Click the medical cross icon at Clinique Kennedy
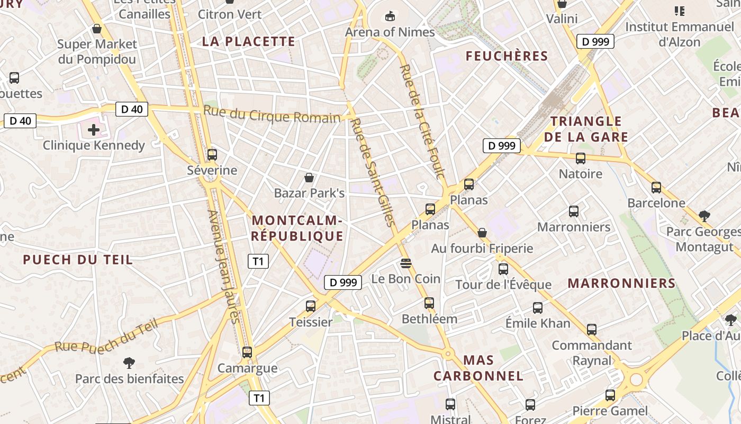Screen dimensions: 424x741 [x=94, y=129]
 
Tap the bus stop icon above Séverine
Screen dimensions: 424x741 [x=212, y=155]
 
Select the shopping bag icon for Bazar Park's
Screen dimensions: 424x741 [x=309, y=178]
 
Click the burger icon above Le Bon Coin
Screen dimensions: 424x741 [x=406, y=263]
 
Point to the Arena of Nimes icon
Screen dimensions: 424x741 [x=390, y=16]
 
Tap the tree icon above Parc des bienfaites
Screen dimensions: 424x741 [x=129, y=363]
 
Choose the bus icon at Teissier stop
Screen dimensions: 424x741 [x=311, y=306]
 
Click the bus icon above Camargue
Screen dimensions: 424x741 [x=247, y=352]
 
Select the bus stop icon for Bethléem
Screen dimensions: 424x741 [x=429, y=303]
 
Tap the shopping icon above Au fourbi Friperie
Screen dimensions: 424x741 [x=482, y=233]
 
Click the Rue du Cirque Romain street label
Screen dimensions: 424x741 [x=272, y=114]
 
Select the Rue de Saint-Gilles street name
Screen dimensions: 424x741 [x=373, y=172]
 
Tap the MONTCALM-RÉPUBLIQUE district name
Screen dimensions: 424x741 [x=297, y=228]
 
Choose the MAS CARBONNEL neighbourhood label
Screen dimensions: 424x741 [x=478, y=368]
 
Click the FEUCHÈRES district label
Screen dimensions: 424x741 [x=507, y=56]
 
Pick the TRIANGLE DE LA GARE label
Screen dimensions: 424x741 [x=586, y=129]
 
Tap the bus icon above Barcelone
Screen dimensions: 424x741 [x=656, y=187]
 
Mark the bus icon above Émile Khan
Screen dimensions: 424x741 [x=538, y=308]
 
